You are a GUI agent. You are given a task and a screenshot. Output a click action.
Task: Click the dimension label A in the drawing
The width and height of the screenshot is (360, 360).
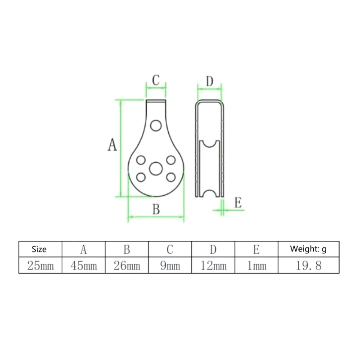[112, 145]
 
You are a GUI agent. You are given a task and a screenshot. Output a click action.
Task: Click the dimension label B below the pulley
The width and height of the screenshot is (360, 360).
[156, 209]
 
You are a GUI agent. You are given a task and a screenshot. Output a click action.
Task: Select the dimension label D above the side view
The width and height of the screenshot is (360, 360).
[210, 81]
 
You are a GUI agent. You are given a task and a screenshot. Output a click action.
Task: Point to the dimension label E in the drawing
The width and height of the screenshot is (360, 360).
[238, 202]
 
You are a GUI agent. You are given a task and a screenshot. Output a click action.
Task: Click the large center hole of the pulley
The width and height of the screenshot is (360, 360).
[156, 169]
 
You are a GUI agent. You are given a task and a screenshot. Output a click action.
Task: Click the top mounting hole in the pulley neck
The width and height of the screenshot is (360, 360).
[157, 125]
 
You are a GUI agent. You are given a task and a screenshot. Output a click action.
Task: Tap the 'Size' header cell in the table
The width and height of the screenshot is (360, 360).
[40, 249]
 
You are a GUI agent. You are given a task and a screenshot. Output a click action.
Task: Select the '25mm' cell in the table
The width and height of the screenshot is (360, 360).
[40, 265]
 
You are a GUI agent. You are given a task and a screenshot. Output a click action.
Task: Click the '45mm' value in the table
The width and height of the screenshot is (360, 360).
[84, 265]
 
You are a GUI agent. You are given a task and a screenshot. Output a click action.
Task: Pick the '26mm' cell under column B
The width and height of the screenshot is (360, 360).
[127, 265]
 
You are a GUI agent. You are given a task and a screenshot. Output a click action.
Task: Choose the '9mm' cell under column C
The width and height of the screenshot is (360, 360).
[170, 265]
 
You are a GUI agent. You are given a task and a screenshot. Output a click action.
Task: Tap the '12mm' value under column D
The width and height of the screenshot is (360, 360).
[213, 265]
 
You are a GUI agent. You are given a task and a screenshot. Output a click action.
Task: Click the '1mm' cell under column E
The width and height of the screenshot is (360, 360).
[256, 265]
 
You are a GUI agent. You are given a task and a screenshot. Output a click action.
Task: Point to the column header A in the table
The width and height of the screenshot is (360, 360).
[84, 249]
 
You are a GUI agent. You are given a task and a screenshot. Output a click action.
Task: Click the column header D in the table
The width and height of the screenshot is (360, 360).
[213, 249]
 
